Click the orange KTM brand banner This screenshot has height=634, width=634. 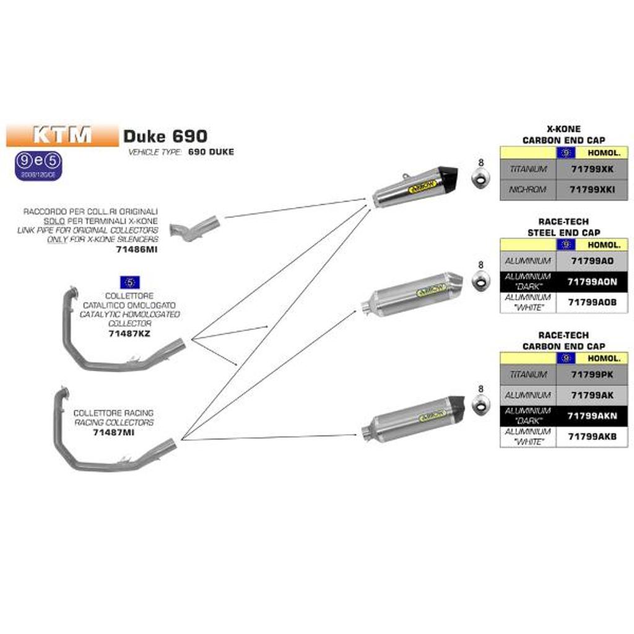click(62, 135)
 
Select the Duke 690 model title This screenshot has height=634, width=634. click(165, 136)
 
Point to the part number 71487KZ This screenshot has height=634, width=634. click(129, 333)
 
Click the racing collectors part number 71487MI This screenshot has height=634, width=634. click(113, 432)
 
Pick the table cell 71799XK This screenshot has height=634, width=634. click(592, 168)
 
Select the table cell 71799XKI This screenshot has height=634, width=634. click(592, 189)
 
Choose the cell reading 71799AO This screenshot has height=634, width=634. click(592, 261)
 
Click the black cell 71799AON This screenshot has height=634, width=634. click(592, 281)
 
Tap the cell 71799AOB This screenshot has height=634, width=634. click(592, 302)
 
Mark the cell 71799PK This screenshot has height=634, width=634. click(592, 375)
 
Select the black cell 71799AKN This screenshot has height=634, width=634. click(592, 415)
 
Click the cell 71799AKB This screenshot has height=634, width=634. click(592, 436)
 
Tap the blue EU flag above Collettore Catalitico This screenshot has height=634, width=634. click(129, 283)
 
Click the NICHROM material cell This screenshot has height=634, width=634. click(528, 189)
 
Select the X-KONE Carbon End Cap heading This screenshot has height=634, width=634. click(563, 135)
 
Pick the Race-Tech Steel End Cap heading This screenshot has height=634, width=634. click(563, 227)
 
